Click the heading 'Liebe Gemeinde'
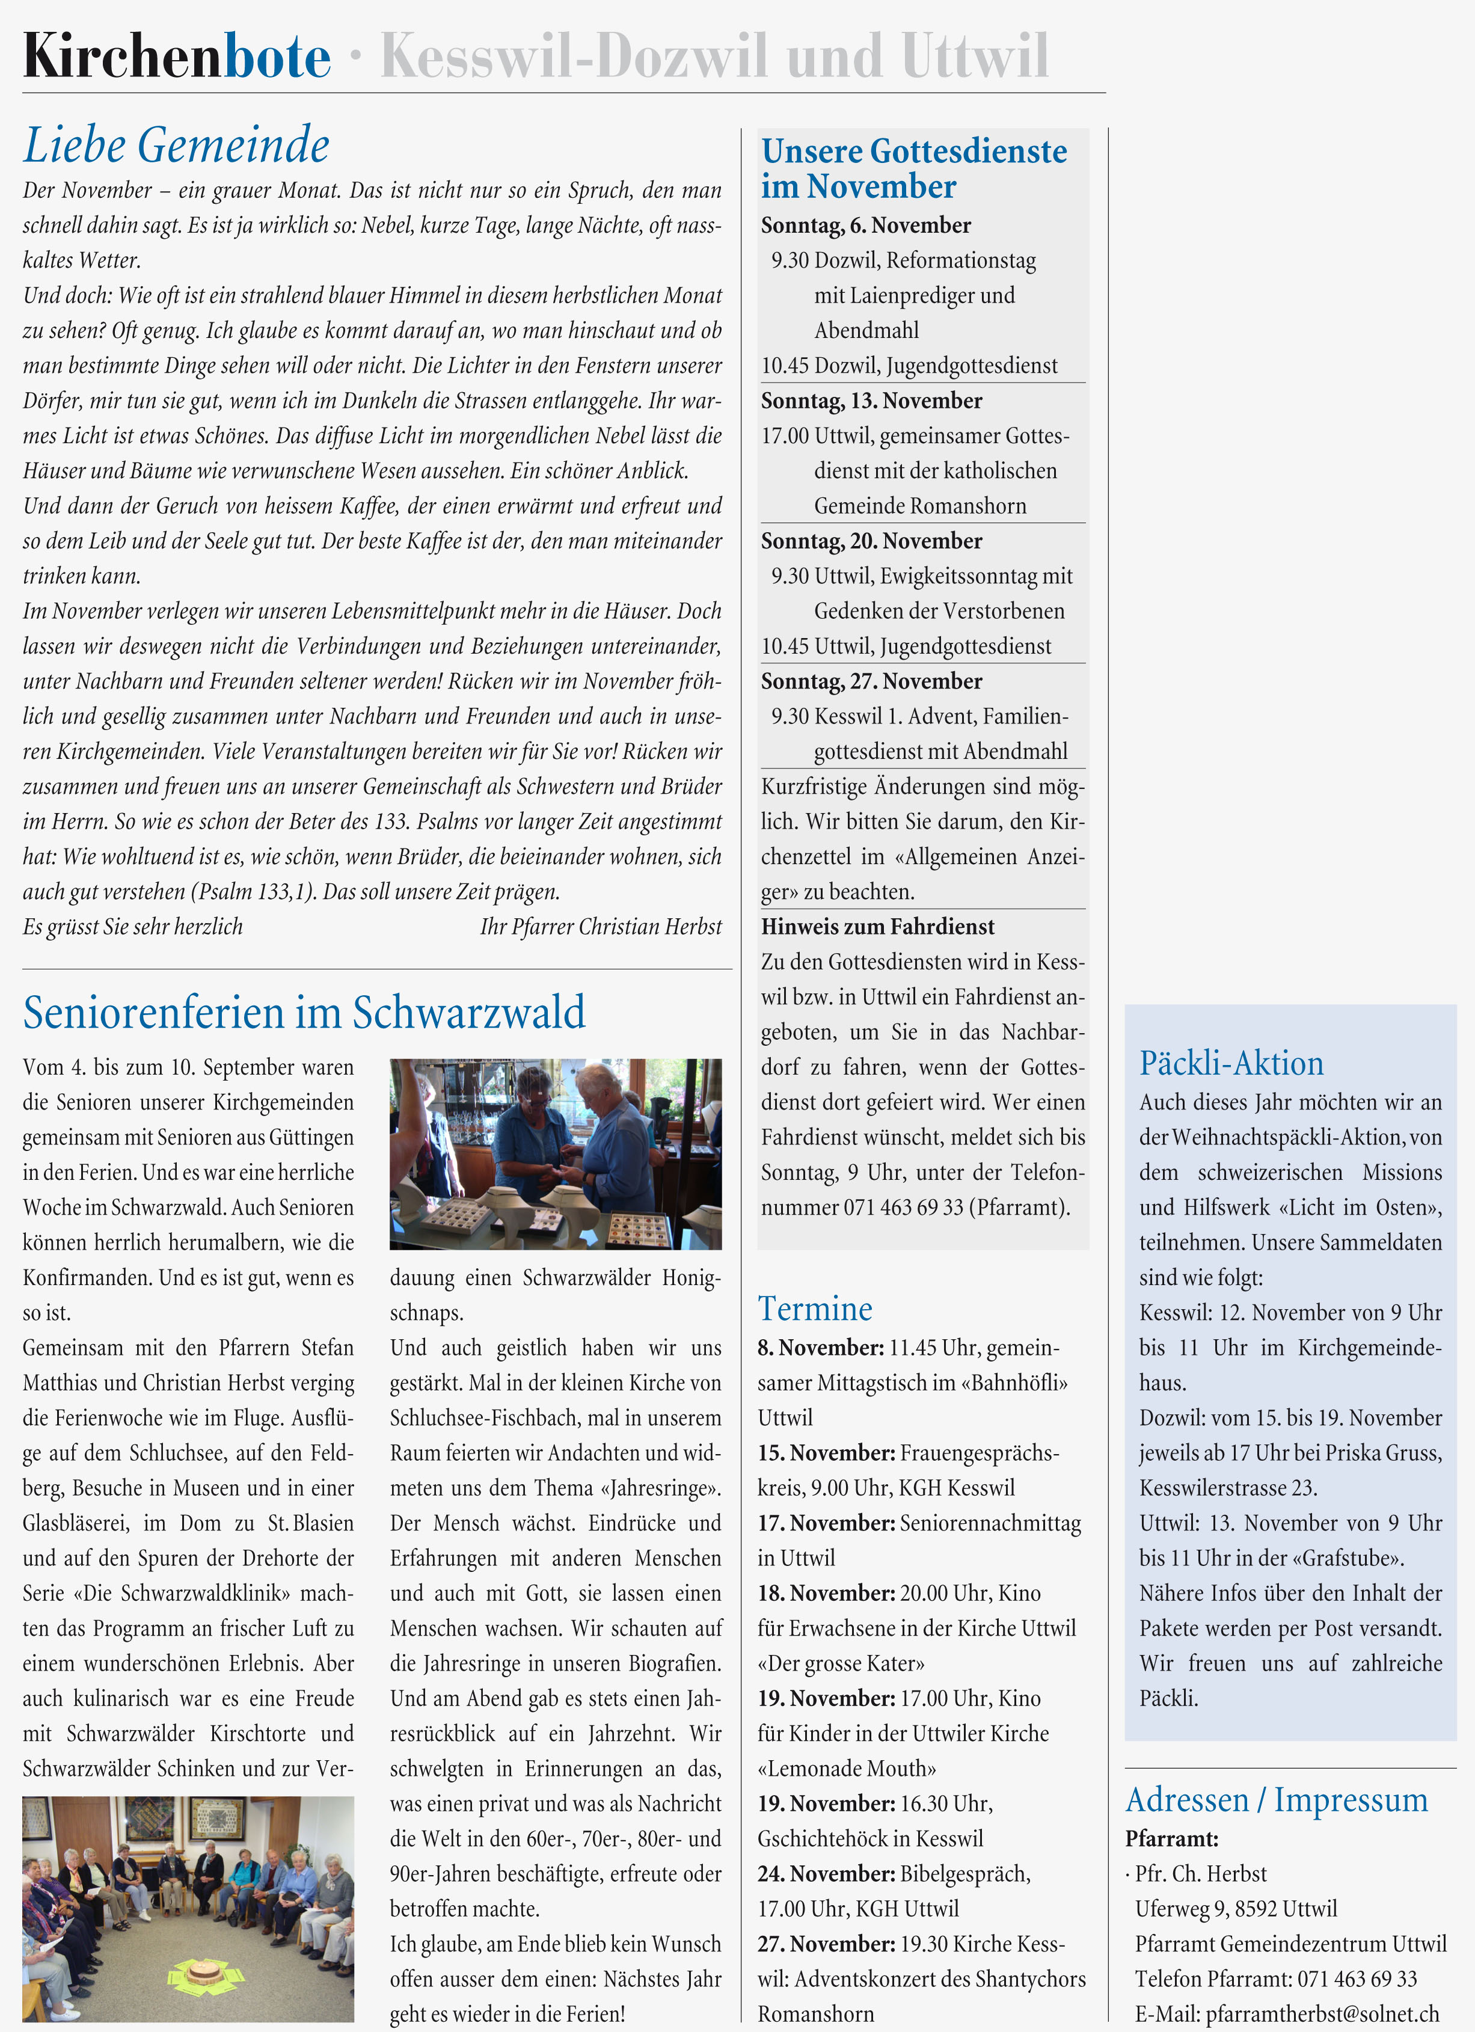177,145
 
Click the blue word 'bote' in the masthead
277,57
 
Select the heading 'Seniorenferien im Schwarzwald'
304,1013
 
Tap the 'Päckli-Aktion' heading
1231,1063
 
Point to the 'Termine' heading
815,1309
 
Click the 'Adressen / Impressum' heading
1276,1800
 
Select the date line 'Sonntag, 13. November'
871,401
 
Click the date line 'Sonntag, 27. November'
871,681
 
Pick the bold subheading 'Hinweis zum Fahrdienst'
877,927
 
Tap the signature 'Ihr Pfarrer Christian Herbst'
600,927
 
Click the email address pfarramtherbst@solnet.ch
1322,2013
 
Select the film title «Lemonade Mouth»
847,1769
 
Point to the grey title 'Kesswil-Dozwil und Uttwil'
714,57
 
